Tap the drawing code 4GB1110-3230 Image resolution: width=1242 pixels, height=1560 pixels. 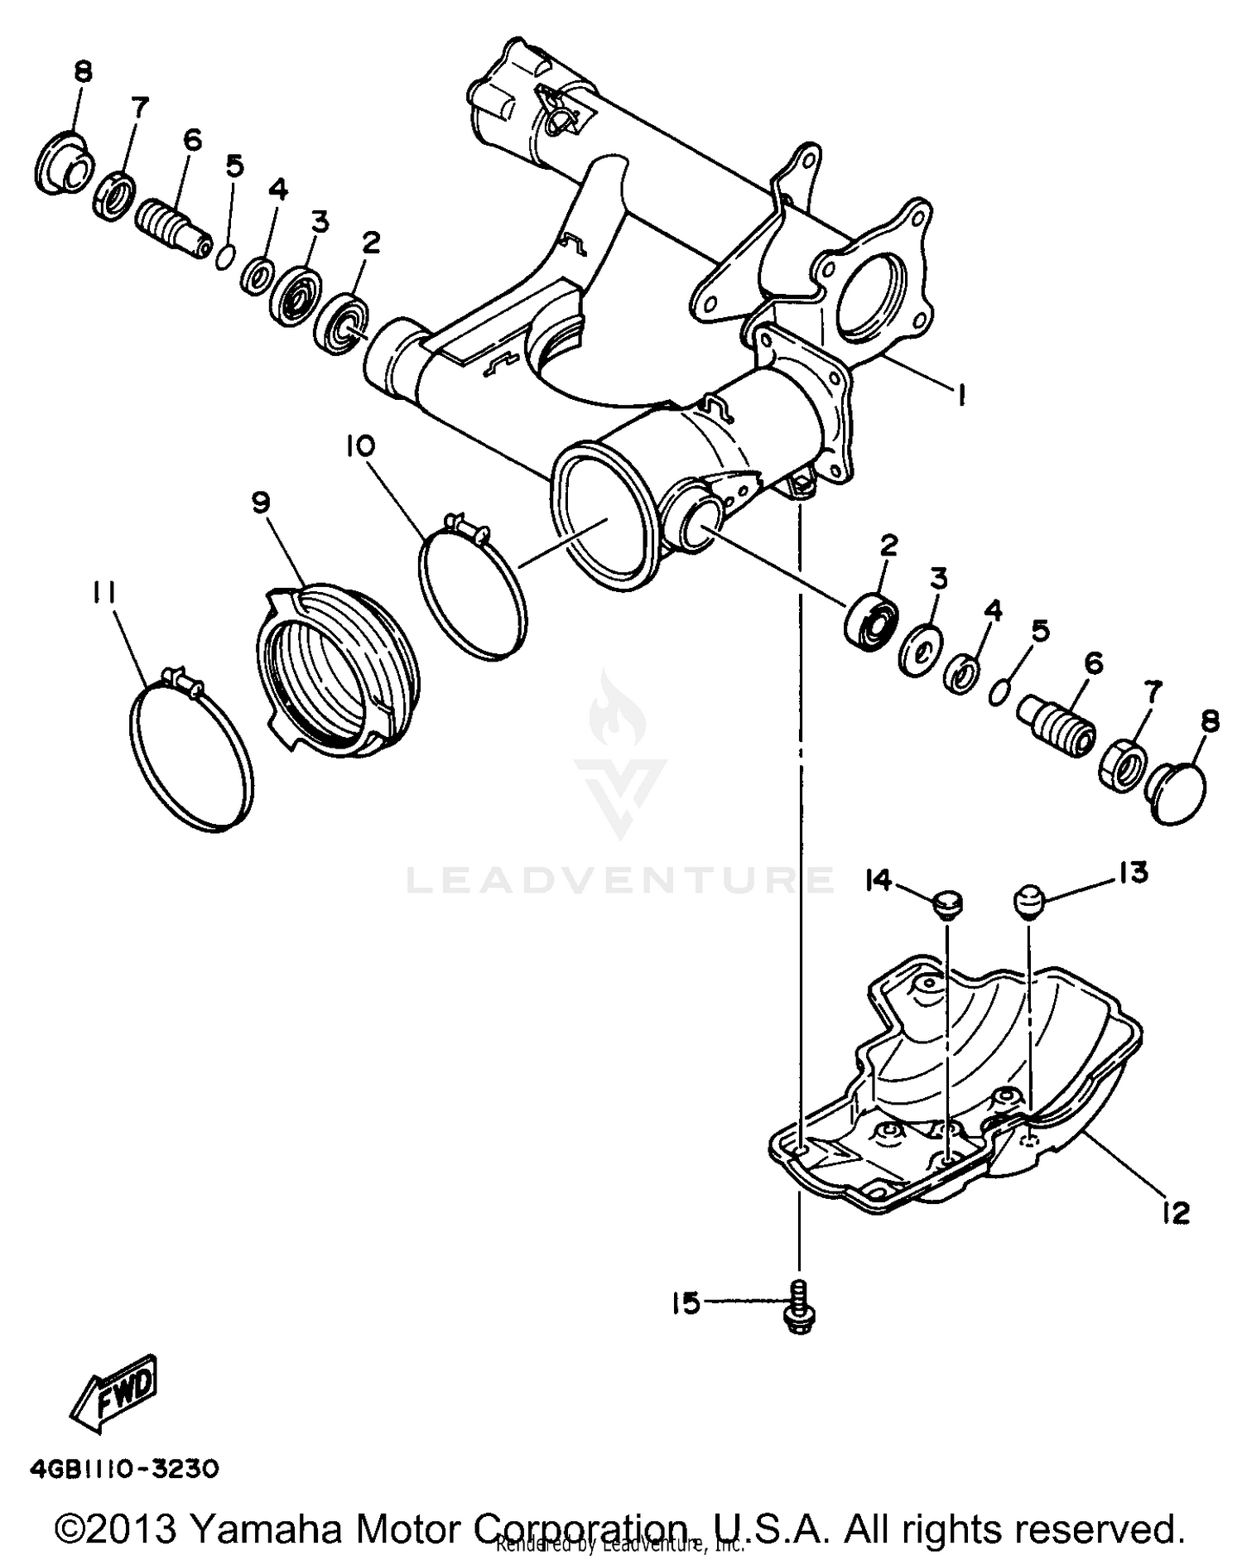(x=124, y=1469)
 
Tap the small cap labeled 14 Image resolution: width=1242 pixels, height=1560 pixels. (x=946, y=904)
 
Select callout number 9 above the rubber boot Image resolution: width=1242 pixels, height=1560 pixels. (x=261, y=503)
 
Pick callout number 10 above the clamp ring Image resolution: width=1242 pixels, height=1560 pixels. (x=360, y=446)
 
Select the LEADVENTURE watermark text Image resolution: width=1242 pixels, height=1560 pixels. (x=621, y=879)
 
